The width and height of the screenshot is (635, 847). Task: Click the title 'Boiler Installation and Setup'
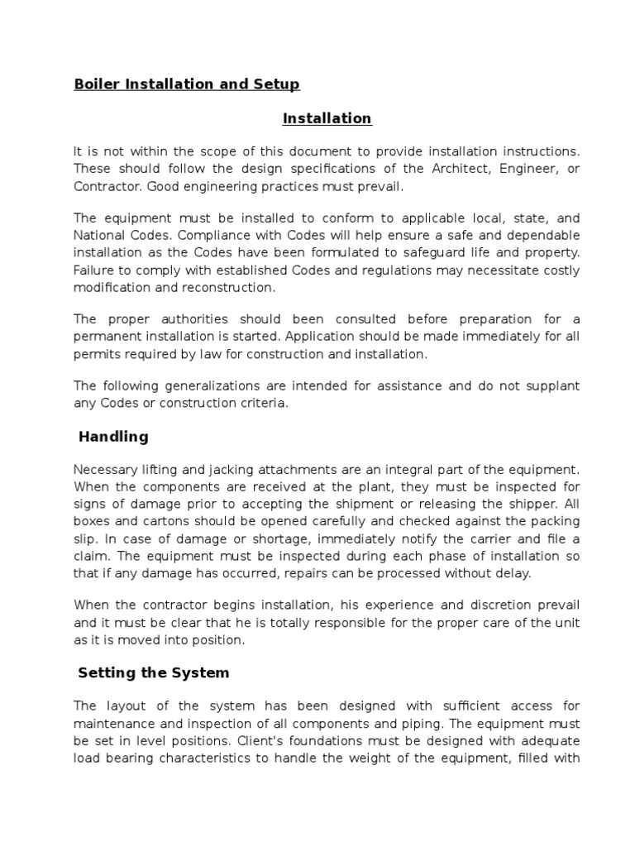point(187,84)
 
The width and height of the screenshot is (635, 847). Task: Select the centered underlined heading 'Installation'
point(327,118)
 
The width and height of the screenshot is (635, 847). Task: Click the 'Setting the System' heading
point(154,672)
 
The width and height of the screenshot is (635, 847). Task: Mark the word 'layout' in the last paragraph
point(126,706)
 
